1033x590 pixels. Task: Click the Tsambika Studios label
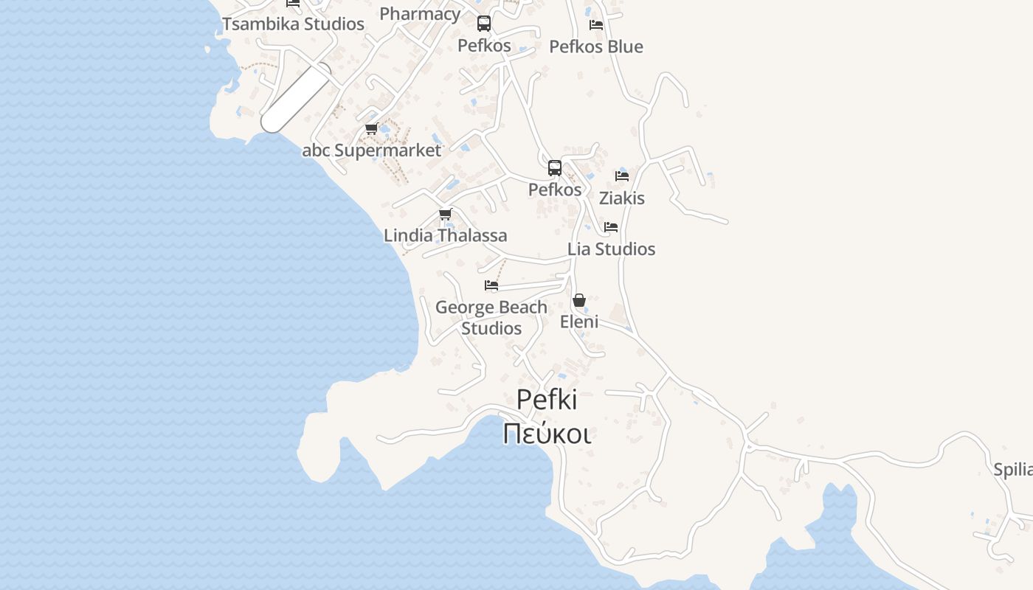point(293,24)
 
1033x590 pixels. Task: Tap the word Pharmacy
point(420,13)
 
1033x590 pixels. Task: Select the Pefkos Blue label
point(596,46)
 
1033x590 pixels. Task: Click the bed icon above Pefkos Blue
point(596,24)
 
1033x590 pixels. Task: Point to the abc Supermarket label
point(371,150)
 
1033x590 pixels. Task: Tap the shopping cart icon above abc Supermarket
point(371,129)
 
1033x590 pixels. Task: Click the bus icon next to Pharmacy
point(484,24)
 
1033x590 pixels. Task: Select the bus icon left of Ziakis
point(555,168)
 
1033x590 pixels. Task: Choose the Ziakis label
point(621,198)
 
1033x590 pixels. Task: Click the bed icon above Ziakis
point(622,176)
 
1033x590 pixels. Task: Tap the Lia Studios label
point(611,249)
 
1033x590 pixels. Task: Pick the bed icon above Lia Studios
point(611,227)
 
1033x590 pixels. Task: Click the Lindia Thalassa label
point(445,235)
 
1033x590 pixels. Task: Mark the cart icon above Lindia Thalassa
point(445,215)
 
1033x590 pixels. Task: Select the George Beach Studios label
point(491,317)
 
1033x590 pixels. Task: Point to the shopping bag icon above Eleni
point(579,300)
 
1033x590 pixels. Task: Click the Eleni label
point(579,322)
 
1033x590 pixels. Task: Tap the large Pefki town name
point(546,399)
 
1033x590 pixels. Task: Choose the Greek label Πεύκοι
point(546,434)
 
